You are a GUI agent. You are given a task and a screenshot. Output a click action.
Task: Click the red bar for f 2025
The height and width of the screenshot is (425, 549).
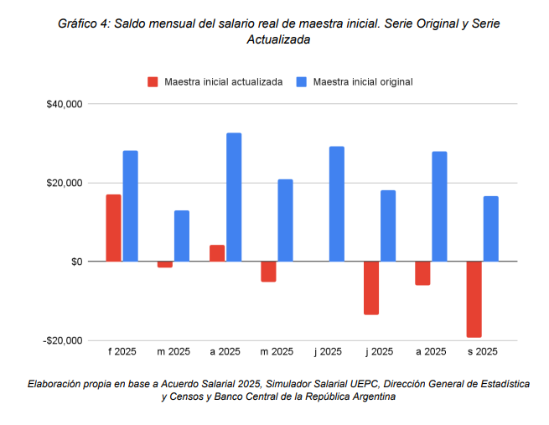click(113, 228)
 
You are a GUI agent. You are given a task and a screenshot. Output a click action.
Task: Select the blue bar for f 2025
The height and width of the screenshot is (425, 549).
click(130, 206)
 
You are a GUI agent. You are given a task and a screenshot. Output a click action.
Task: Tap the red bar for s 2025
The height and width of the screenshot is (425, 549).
click(474, 299)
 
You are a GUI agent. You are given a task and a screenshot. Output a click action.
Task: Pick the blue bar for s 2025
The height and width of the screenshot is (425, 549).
click(491, 229)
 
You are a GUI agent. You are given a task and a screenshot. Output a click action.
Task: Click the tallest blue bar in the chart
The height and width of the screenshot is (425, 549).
click(234, 197)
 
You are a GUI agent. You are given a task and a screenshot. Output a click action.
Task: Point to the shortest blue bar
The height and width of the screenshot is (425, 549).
click(182, 236)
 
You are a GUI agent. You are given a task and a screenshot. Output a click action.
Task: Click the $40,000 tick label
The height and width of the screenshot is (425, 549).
click(64, 104)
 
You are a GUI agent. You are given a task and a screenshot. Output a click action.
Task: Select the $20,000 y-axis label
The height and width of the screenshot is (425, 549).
click(64, 183)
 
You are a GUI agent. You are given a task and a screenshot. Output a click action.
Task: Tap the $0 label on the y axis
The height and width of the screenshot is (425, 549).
click(75, 262)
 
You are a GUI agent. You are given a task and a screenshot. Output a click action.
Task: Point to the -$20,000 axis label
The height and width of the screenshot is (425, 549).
click(62, 340)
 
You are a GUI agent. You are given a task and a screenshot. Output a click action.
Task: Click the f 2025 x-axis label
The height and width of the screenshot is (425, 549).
click(122, 352)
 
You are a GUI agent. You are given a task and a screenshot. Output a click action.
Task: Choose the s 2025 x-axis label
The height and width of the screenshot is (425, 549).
click(483, 352)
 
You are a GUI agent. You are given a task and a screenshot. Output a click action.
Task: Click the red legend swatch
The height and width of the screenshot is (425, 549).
click(153, 81)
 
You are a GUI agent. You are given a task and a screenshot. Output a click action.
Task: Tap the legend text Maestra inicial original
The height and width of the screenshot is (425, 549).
click(363, 81)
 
